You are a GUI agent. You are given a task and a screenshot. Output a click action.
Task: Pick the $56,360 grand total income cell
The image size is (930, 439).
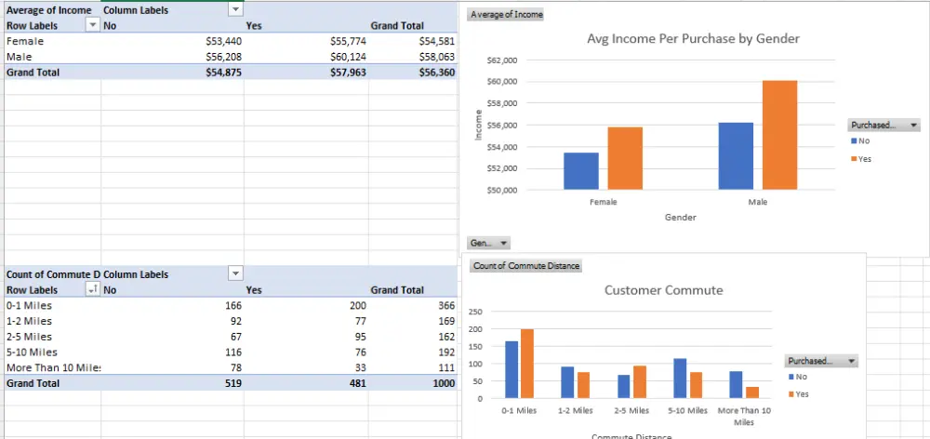(x=436, y=72)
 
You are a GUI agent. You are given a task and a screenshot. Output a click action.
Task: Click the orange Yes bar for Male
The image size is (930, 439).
(x=779, y=135)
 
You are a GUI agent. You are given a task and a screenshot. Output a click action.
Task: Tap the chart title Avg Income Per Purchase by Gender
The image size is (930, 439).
(x=693, y=39)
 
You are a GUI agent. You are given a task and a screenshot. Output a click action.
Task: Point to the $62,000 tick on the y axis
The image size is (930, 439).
(x=501, y=60)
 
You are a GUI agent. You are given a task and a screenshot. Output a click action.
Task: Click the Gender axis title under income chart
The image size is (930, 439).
(x=680, y=217)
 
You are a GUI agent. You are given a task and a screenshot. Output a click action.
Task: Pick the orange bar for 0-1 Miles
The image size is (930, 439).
(x=528, y=364)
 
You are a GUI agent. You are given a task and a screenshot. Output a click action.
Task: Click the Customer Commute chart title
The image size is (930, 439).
(x=663, y=290)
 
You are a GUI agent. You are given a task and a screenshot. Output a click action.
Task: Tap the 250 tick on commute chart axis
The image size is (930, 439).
(x=475, y=312)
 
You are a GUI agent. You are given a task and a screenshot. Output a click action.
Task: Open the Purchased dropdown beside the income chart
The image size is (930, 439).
(x=883, y=125)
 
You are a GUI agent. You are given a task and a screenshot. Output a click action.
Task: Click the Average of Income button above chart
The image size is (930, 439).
(x=507, y=15)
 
